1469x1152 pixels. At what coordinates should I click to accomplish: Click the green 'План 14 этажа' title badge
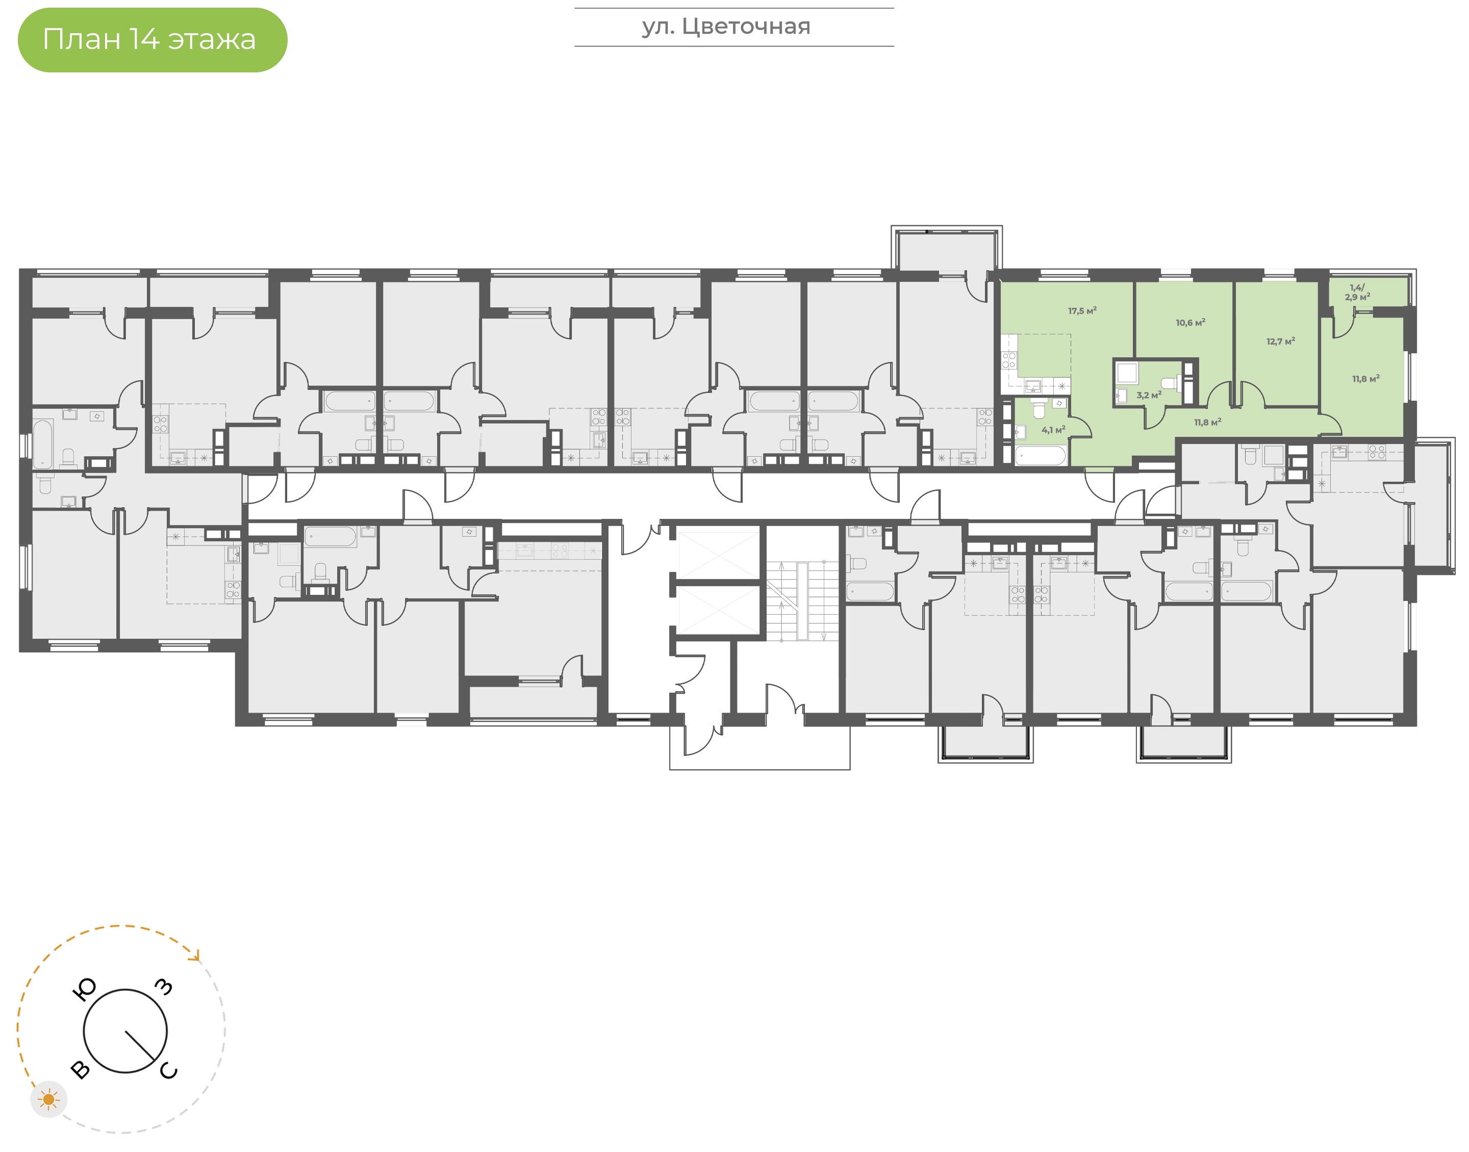point(153,40)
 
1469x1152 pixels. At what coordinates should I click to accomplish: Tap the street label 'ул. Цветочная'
point(726,27)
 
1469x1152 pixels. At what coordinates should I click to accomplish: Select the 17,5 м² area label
point(1082,311)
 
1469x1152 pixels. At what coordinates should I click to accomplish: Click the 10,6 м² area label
point(1191,322)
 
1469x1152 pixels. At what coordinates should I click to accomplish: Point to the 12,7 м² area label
point(1281,342)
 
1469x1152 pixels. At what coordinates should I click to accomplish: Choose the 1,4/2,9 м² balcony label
point(1357,292)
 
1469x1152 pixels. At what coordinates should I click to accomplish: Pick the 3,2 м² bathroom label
point(1149,395)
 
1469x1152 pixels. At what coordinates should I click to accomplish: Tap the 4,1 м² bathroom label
point(1053,430)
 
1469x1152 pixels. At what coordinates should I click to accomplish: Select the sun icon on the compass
point(48,1100)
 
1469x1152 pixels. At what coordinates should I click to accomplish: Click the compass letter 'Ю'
point(84,989)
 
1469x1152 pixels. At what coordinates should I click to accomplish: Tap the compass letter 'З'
point(164,987)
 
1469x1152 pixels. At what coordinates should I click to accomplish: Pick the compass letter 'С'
point(168,1070)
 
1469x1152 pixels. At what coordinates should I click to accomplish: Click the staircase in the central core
point(802,601)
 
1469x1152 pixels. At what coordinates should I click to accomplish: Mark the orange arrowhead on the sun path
point(196,956)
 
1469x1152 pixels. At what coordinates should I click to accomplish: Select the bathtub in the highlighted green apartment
point(1040,455)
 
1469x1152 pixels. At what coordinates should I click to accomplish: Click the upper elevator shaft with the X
point(718,555)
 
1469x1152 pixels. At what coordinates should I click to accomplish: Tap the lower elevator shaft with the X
point(718,610)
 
